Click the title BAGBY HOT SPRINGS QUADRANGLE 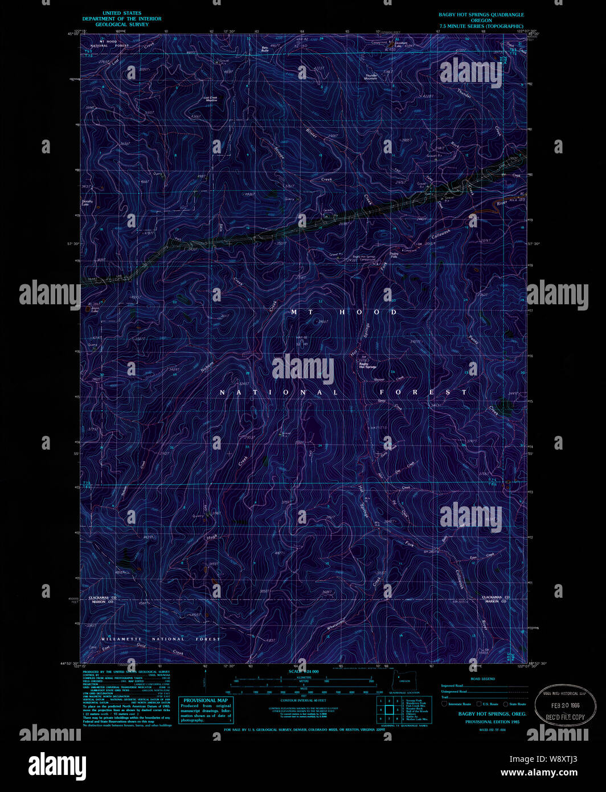[x=481, y=15]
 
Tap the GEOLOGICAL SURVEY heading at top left [x=122, y=25]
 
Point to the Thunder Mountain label [x=371, y=76]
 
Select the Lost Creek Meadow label [x=211, y=98]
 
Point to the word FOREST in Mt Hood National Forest [x=424, y=392]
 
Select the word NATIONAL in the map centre [x=279, y=393]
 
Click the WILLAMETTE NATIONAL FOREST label [x=161, y=639]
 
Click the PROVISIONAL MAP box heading [x=206, y=700]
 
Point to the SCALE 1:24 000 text [x=304, y=671]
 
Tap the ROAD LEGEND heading [x=482, y=679]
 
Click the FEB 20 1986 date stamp [x=565, y=705]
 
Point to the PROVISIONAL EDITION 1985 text [x=492, y=722]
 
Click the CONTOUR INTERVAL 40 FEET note [x=303, y=700]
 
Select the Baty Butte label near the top [x=265, y=49]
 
